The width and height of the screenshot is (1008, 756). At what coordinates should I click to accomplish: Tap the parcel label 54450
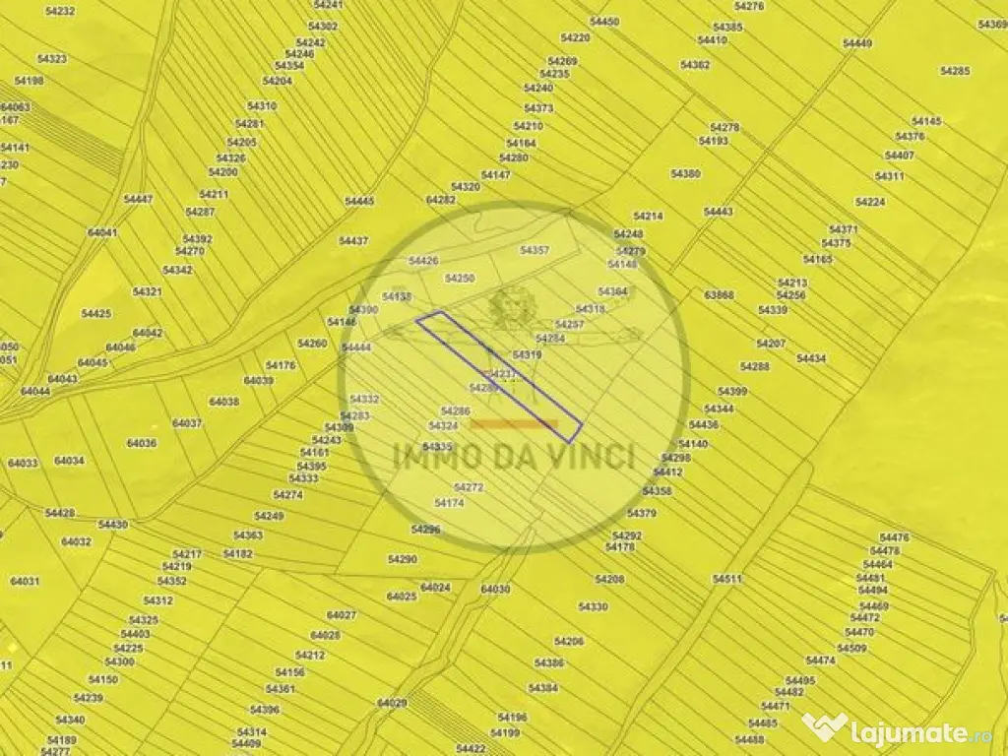coord(604,22)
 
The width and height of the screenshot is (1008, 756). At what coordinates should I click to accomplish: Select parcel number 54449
coord(857,43)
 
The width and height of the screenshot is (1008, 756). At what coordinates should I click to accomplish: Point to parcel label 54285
coord(955,71)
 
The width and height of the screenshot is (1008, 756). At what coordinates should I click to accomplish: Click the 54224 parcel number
coord(869,202)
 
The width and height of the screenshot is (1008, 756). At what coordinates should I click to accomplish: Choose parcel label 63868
coord(719,294)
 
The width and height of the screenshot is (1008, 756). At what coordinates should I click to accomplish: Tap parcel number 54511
coord(726,579)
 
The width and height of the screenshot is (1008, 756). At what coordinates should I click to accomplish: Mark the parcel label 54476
coord(894,537)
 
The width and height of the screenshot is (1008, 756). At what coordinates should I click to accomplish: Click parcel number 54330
coord(594,607)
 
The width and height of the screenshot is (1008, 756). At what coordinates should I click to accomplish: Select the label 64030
coord(495,589)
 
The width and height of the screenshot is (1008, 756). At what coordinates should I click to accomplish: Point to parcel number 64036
coord(142,443)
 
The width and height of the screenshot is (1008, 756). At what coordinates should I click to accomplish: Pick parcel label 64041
coord(102,233)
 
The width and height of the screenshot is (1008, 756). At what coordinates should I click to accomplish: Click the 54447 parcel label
coord(138,199)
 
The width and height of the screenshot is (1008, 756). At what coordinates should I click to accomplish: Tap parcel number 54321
coord(147,291)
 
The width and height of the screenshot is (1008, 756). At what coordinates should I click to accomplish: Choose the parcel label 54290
coord(402,559)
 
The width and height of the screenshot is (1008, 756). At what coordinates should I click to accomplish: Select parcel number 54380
coord(685,173)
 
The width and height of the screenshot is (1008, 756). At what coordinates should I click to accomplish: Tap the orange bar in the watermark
coord(514,424)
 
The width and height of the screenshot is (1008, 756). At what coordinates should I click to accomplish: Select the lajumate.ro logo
coord(900,729)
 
